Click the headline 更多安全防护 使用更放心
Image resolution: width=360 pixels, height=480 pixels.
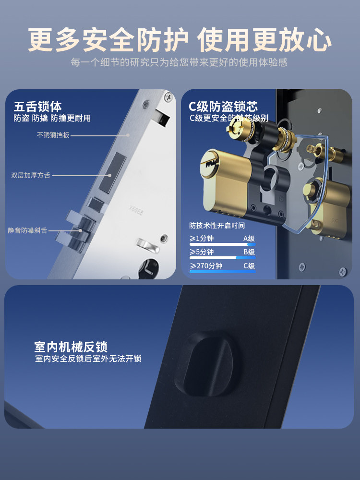pyautogui.click(x=180, y=40)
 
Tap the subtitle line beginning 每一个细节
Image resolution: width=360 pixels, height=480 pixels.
pyautogui.click(x=180, y=63)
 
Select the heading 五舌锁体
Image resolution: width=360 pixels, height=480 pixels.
pyautogui.click(x=38, y=106)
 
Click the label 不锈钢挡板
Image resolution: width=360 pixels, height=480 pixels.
pyautogui.click(x=53, y=135)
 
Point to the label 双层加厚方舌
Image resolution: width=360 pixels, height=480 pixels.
pyautogui.click(x=31, y=176)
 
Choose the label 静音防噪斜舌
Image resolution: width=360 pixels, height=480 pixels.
pyautogui.click(x=27, y=231)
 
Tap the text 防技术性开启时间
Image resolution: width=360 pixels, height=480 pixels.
pyautogui.click(x=217, y=226)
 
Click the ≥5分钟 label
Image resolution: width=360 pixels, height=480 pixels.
pyautogui.click(x=202, y=252)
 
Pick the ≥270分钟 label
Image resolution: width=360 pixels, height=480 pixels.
pyautogui.click(x=206, y=266)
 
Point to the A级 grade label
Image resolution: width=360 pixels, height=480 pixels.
pyautogui.click(x=249, y=238)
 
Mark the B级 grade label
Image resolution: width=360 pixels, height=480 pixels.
pyautogui.click(x=249, y=252)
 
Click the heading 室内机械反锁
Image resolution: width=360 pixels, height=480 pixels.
pyautogui.click(x=71, y=347)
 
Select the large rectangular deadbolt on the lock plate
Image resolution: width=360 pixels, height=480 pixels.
pyautogui.click(x=120, y=171)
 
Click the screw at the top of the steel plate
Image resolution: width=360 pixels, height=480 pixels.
pyautogui.click(x=168, y=97)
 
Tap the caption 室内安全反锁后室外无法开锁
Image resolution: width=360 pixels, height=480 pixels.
pyautogui.click(x=88, y=359)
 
